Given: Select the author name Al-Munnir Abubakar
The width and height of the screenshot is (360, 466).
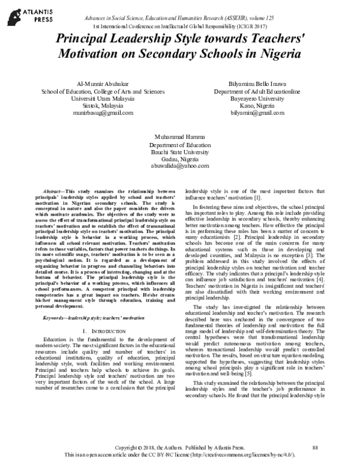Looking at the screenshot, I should (x=91, y=82).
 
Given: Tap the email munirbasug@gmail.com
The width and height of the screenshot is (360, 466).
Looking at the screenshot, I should (x=91, y=112).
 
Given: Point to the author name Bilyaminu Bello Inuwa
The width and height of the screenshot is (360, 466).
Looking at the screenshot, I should (x=269, y=82).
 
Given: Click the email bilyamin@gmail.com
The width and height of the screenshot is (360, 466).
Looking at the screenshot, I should (x=269, y=112).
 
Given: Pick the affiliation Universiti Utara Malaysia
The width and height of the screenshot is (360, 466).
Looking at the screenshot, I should (x=91, y=97).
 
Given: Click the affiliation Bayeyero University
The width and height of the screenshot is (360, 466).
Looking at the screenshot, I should (x=269, y=97).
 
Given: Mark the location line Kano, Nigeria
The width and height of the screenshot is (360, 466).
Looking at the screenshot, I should (x=269, y=105).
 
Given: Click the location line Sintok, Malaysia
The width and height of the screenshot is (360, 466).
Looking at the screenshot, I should (x=91, y=105).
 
